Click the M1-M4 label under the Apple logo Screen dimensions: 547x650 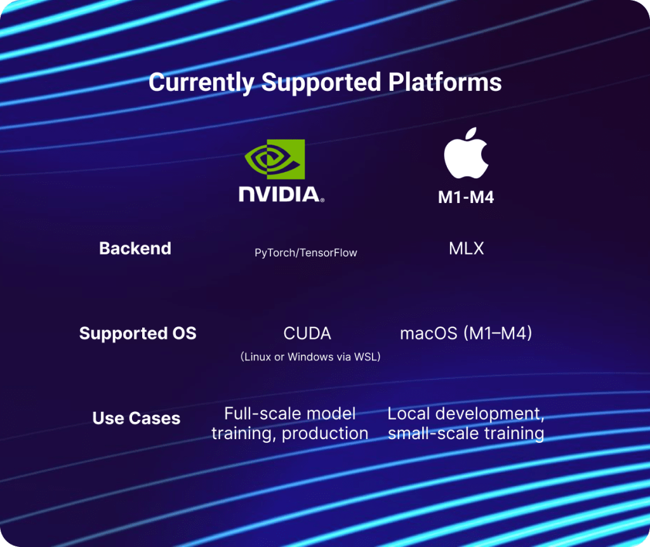click(466, 197)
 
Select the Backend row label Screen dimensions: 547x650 click(135, 248)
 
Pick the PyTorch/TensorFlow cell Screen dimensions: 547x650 click(306, 253)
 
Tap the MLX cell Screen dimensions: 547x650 click(466, 249)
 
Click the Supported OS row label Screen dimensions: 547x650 click(138, 333)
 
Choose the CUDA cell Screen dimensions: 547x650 click(307, 334)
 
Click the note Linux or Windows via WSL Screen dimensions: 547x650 click(310, 357)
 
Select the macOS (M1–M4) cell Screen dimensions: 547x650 click(466, 333)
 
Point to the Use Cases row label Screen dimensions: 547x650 click(136, 418)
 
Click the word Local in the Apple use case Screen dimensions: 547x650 click(408, 414)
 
